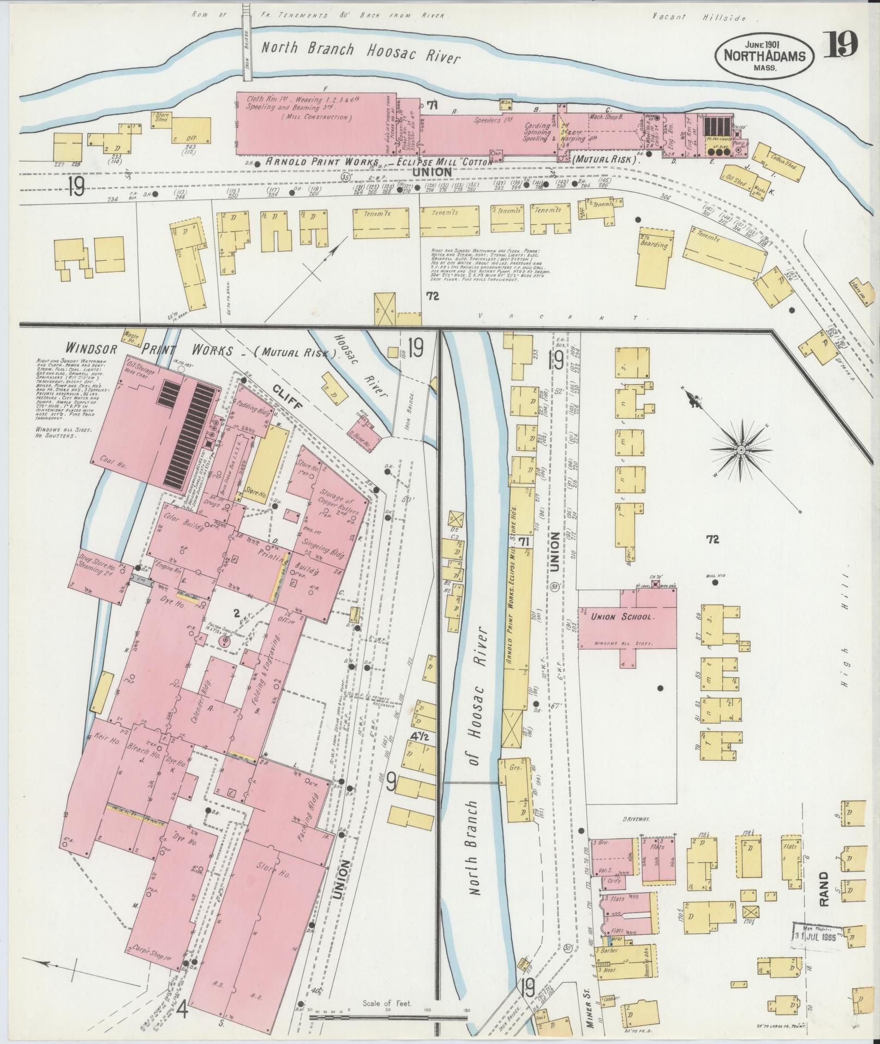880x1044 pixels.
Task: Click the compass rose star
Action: pyautogui.click(x=741, y=449)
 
